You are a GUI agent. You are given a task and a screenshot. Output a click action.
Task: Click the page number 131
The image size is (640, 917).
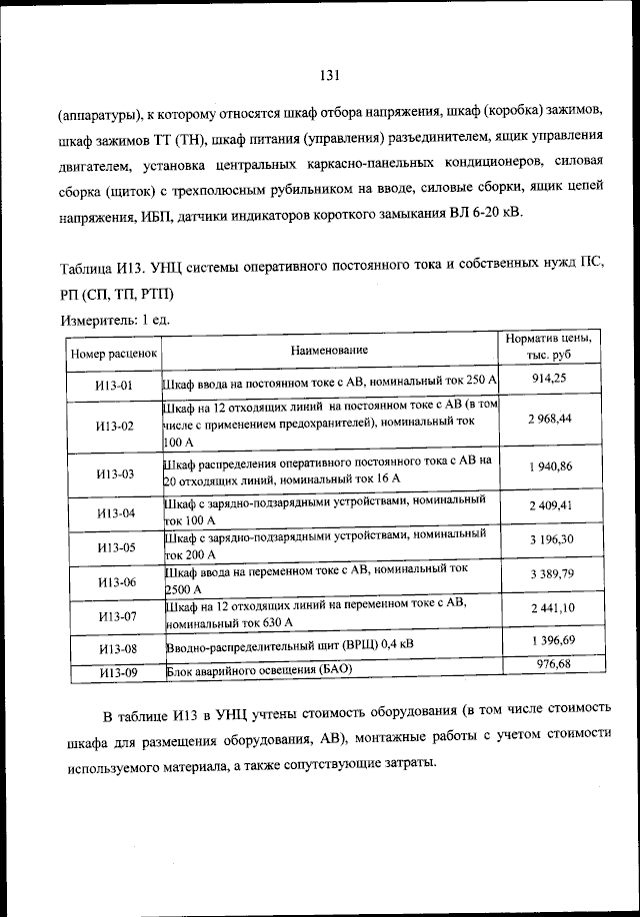pos(332,74)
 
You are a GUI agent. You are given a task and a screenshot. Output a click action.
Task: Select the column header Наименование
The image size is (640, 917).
pos(330,350)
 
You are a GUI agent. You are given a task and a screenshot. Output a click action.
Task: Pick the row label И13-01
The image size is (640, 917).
pos(114,384)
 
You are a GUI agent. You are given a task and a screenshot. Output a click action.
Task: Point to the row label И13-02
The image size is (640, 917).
pos(114,427)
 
